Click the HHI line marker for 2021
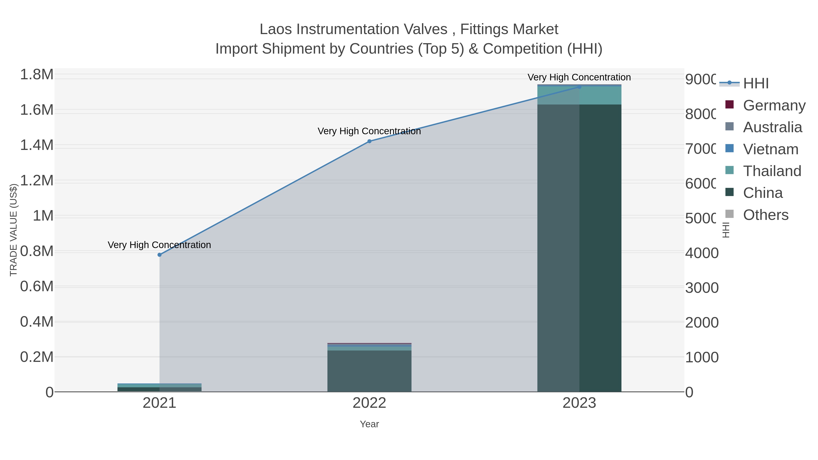pos(160,255)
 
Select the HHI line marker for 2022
pos(369,141)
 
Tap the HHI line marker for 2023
pos(579,87)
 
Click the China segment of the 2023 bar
pos(579,248)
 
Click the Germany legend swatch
pos(730,104)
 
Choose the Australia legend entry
pos(772,127)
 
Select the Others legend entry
pos(766,215)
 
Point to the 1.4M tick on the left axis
pos(37,145)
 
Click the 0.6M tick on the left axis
pos(37,286)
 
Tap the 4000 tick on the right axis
pos(701,253)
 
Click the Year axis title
pos(369,424)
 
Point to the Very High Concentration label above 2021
pos(160,245)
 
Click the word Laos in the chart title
pos(276,29)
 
